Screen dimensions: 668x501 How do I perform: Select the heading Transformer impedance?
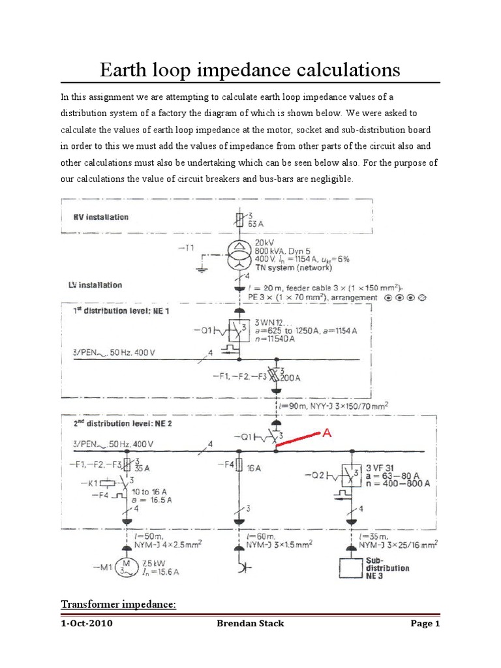[x=119, y=605]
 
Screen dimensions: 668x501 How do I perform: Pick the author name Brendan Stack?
[x=250, y=624]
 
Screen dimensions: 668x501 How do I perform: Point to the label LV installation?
[x=96, y=285]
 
